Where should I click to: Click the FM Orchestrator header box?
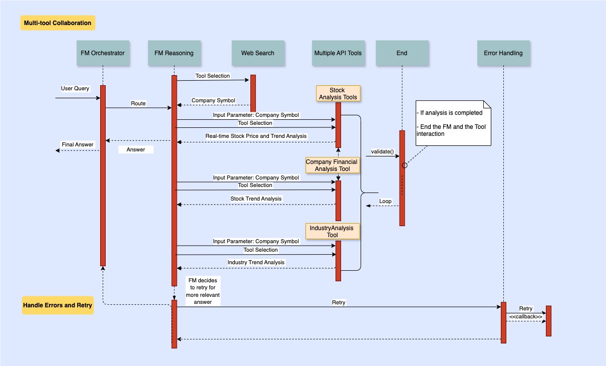click(102, 53)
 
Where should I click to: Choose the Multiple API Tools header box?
click(338, 53)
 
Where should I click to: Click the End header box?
click(402, 53)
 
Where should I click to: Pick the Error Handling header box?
click(503, 53)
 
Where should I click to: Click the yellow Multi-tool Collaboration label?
click(58, 23)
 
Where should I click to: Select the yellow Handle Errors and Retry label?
click(58, 305)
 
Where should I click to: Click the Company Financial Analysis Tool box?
click(333, 165)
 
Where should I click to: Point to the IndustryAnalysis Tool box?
click(333, 231)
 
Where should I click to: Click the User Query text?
click(75, 89)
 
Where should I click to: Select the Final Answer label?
click(77, 144)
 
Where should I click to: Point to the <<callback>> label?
click(525, 316)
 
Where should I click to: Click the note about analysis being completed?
click(453, 122)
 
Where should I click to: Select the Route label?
click(138, 103)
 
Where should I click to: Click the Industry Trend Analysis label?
click(256, 262)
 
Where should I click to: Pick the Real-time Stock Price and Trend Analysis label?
click(256, 136)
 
